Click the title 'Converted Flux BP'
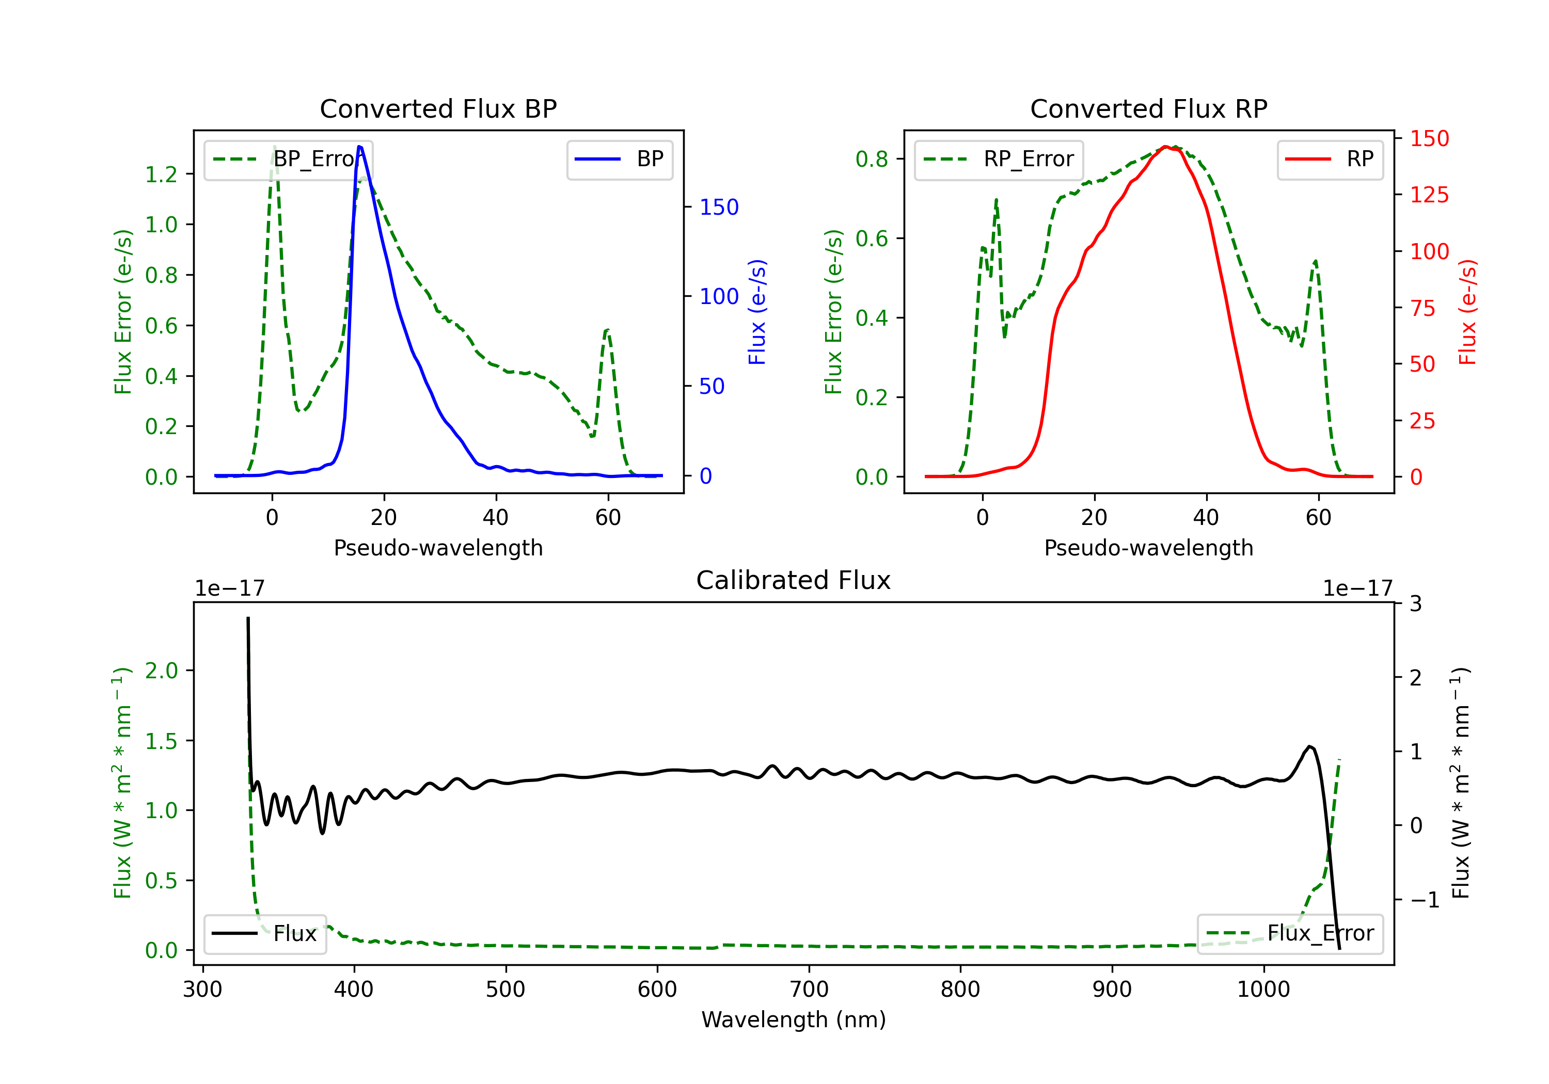(x=438, y=108)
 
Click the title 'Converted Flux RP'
(x=1149, y=108)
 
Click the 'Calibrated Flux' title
(x=794, y=580)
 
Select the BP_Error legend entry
(x=288, y=159)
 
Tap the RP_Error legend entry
(x=999, y=159)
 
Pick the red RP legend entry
(x=1330, y=159)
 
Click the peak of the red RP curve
(x=1165, y=147)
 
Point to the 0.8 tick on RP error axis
(x=872, y=159)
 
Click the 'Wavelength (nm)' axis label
(x=794, y=1020)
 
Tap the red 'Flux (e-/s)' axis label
(x=1467, y=312)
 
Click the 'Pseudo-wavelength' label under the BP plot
(x=438, y=548)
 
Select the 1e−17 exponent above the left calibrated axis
(x=229, y=588)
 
